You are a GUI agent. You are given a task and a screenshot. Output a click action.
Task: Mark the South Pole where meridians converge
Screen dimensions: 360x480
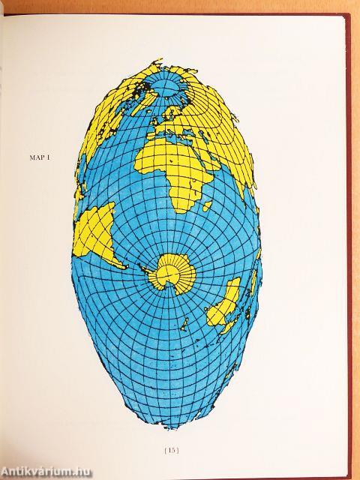tap(173, 273)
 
